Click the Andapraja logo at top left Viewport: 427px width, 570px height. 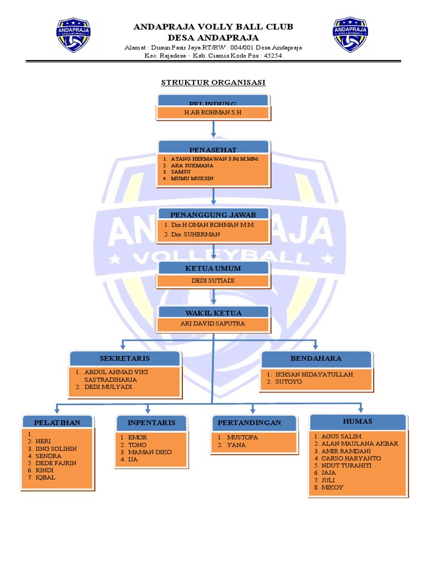tap(73, 35)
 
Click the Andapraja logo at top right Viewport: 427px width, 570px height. tap(350, 35)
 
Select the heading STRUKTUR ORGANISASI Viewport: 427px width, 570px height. tap(213, 82)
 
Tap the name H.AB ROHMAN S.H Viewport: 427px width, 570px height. tap(213, 112)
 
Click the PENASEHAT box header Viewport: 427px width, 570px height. tap(213, 150)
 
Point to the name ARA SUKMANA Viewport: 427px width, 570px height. tap(185, 166)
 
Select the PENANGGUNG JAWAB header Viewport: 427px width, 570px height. tap(214, 214)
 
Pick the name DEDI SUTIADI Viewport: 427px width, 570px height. tap(213, 281)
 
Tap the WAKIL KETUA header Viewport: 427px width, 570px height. tap(214, 313)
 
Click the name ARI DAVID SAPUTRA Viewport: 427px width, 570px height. tap(214, 323)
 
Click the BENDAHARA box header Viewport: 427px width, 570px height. tap(316, 358)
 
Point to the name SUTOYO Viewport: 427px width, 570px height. tap(290, 382)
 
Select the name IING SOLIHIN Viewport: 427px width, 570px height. tap(56, 448)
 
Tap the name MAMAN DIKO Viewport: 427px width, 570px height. tap(150, 452)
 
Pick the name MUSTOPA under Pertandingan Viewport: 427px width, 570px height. tap(243, 438)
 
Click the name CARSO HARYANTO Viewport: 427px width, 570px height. tap(351, 458)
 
